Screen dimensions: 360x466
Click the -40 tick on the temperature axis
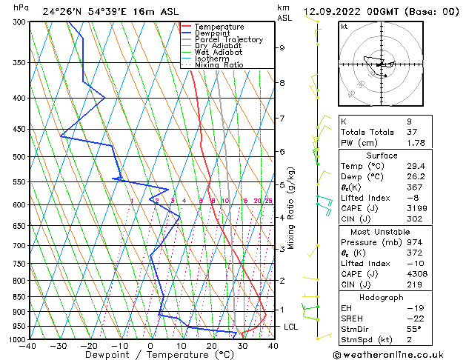(28, 345)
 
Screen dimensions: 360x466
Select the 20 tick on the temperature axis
(212, 345)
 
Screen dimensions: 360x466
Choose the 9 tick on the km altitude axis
(282, 47)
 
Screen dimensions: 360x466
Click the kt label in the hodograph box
(344, 26)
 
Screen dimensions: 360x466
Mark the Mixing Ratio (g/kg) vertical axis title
(292, 207)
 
